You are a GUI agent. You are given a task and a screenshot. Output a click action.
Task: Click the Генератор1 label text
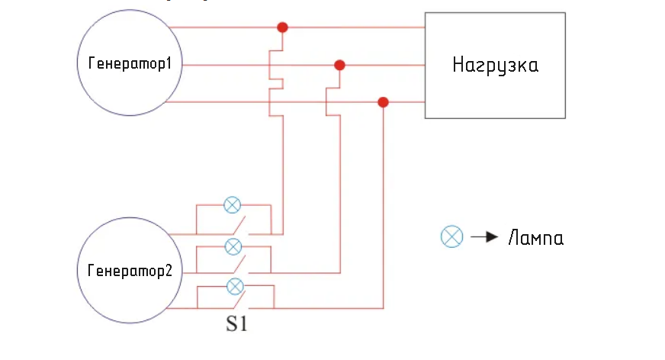pos(130,63)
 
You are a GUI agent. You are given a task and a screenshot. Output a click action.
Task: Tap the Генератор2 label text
pos(130,271)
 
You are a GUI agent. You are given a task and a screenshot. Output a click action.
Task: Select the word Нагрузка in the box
pos(496,66)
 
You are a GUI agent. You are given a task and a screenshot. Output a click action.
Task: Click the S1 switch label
pos(236,324)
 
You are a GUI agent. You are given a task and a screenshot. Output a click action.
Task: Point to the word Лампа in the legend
pos(536,238)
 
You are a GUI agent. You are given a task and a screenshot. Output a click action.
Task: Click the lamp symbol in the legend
pos(451,236)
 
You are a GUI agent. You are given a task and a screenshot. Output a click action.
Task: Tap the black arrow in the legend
pos(484,236)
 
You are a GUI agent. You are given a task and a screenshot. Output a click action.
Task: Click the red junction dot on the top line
pos(282,27)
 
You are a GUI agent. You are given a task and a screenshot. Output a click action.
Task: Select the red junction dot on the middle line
pos(339,66)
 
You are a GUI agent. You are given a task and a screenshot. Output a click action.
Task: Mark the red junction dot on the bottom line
pos(383,102)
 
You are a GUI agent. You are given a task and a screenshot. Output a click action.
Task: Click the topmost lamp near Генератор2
pos(232,205)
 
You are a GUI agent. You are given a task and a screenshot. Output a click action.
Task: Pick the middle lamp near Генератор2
pos(233,247)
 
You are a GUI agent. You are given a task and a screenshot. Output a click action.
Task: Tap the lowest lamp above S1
pos(235,287)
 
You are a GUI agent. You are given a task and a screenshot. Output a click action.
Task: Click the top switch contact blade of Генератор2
pos(239,225)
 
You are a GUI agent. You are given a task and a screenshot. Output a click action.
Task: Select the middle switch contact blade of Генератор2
pos(239,264)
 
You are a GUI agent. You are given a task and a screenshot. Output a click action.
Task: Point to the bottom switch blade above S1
pos(239,300)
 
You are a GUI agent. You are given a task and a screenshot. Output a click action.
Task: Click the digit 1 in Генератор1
pos(169,63)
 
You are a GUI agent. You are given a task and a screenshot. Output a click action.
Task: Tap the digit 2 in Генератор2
pos(169,270)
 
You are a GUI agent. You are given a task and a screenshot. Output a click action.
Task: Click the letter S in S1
pos(231,324)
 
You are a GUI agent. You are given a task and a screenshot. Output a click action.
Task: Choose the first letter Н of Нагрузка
pos(458,65)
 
